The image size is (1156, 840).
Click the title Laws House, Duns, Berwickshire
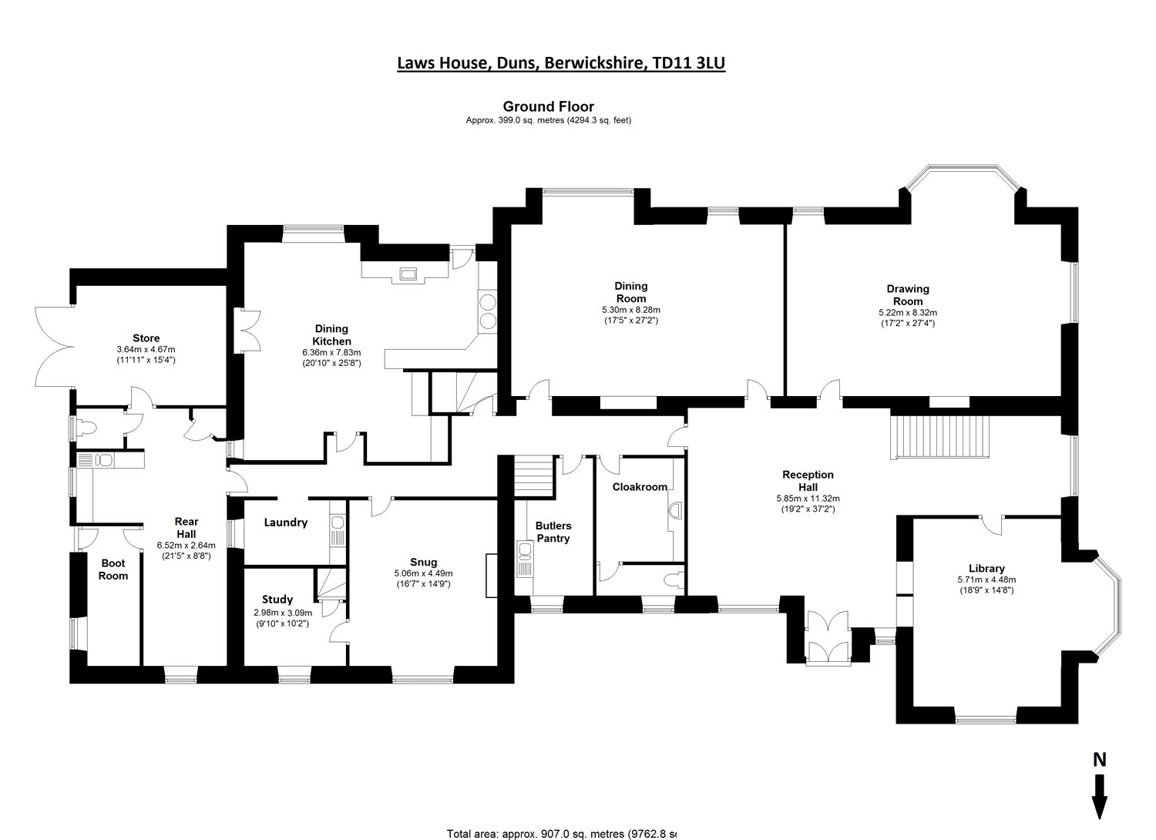pos(561,63)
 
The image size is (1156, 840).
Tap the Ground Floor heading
pos(548,107)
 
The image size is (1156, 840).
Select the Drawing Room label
pos(908,295)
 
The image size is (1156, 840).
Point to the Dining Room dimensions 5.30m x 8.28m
pos(630,309)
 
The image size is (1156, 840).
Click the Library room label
pos(986,569)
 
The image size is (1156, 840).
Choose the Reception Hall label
pos(808,481)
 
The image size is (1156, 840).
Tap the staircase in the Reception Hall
pos(939,436)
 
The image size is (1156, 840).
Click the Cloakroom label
pos(640,487)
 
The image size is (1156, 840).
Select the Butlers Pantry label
pos(553,532)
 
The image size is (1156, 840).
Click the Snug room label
pos(423,562)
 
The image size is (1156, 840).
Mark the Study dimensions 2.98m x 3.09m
pos(281,613)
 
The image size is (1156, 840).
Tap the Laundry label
pos(286,522)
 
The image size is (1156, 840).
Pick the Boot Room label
pos(113,570)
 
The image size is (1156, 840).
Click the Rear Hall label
pos(186,528)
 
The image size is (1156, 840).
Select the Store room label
pos(146,338)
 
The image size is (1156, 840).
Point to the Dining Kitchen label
pos(331,335)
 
